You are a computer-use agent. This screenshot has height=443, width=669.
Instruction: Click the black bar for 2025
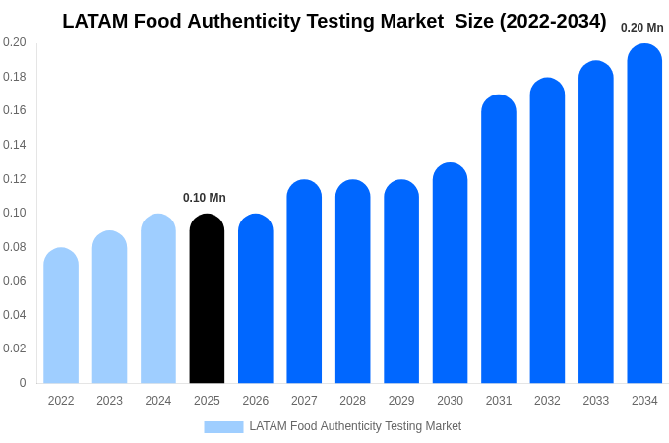point(207,299)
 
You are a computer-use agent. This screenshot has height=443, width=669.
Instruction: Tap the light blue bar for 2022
point(61,316)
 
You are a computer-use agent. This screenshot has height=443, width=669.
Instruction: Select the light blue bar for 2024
point(158,299)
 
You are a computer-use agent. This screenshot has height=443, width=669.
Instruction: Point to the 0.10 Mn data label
point(205,198)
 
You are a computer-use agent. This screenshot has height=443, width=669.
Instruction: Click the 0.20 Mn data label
point(641,28)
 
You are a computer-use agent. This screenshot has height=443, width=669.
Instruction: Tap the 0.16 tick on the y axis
point(15,110)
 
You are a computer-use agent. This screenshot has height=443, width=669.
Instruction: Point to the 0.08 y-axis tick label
point(15,247)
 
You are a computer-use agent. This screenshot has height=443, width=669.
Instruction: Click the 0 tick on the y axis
point(23,383)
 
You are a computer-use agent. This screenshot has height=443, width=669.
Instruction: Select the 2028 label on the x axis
point(352,401)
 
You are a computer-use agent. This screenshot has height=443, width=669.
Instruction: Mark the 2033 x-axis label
point(595,401)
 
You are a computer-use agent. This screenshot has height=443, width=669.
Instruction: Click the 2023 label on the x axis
point(109,401)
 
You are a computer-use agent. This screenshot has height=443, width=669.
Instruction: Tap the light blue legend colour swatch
point(223,427)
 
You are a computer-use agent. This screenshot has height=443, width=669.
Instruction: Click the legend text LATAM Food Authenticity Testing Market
point(355,426)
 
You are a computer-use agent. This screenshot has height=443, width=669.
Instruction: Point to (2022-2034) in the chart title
point(553,21)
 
